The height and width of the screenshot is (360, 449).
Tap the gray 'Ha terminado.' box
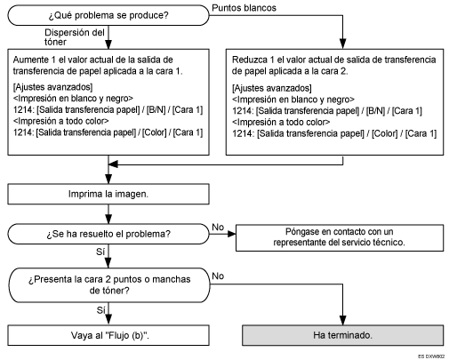coord(342,338)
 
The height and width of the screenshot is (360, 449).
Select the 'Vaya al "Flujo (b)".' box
coord(108,338)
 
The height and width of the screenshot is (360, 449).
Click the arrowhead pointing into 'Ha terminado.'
coord(342,324)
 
